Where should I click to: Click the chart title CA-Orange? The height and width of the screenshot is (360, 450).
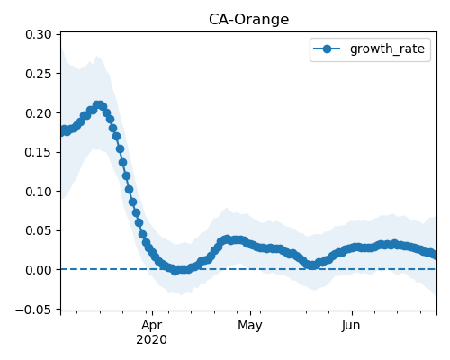pyautogui.click(x=248, y=20)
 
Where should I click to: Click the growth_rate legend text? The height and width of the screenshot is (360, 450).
pyautogui.click(x=387, y=49)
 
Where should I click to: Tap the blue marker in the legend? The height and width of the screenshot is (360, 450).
pyautogui.click(x=327, y=49)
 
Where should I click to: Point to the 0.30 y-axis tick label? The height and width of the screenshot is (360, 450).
pyautogui.click(x=39, y=34)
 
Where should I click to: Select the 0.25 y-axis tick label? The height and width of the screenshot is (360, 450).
pyautogui.click(x=39, y=74)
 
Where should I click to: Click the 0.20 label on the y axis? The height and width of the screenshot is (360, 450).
pyautogui.click(x=39, y=113)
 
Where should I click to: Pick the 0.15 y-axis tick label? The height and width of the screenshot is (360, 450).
pyautogui.click(x=39, y=152)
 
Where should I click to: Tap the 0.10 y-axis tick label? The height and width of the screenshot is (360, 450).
pyautogui.click(x=39, y=192)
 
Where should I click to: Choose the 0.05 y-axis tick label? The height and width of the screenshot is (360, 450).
pyautogui.click(x=39, y=230)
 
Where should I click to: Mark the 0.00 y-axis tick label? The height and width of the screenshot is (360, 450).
pyautogui.click(x=39, y=270)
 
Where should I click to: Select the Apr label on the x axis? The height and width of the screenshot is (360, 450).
pyautogui.click(x=152, y=326)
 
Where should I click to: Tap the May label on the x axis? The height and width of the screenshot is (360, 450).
pyautogui.click(x=250, y=326)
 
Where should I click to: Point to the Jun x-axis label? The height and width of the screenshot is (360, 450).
pyautogui.click(x=351, y=326)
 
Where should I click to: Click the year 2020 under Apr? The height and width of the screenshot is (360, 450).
pyautogui.click(x=152, y=340)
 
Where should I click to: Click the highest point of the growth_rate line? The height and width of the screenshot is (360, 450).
pyautogui.click(x=98, y=105)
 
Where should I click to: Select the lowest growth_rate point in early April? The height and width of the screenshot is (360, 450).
pyautogui.click(x=175, y=271)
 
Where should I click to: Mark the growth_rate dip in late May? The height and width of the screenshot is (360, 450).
pyautogui.click(x=312, y=265)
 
